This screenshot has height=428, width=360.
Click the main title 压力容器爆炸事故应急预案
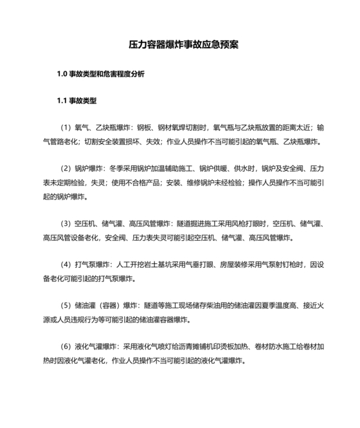point(179,45)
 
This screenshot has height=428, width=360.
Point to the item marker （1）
point(67,127)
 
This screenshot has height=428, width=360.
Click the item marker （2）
point(67,169)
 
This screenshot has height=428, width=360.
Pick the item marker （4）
point(67,265)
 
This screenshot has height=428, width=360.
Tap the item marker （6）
point(67,347)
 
